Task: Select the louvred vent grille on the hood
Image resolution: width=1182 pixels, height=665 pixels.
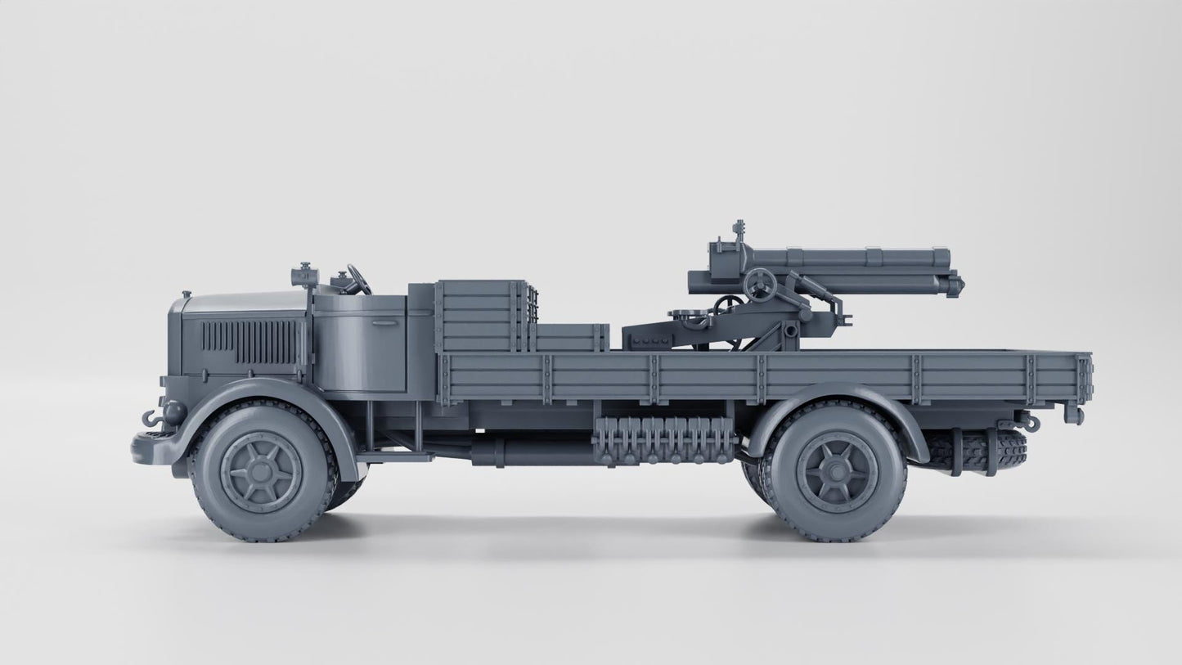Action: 251,341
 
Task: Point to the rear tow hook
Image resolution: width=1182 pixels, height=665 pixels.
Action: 1029,422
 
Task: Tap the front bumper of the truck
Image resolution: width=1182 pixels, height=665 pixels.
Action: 155,447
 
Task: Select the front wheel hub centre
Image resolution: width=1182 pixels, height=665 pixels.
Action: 261,471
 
